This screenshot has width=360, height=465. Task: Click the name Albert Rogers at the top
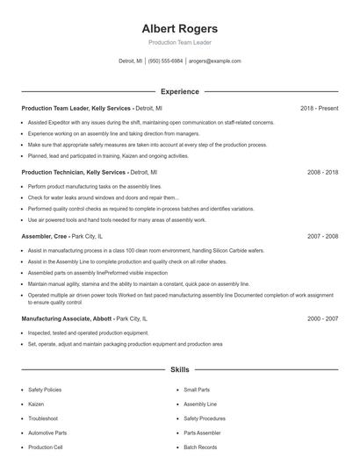click(179, 28)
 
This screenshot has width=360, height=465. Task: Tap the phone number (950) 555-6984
click(165, 61)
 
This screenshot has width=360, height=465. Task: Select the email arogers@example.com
click(214, 61)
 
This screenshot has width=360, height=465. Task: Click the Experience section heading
click(179, 91)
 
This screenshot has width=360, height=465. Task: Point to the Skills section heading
click(179, 370)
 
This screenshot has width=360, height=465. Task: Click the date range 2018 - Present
click(319, 108)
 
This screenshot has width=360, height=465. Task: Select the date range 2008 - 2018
click(322, 172)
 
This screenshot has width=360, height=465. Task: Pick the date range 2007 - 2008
click(322, 236)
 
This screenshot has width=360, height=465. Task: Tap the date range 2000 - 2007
click(322, 318)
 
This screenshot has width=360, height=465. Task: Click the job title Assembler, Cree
click(45, 236)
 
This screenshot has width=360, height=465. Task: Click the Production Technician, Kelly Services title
click(74, 172)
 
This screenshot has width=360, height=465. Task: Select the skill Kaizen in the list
click(36, 404)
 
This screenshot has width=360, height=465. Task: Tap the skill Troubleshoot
click(43, 418)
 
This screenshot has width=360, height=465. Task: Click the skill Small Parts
click(197, 389)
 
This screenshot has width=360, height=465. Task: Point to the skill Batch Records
click(200, 447)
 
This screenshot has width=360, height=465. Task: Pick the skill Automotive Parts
click(47, 433)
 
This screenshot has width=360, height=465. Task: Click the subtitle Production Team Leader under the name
click(179, 42)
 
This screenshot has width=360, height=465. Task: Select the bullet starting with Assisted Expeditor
click(150, 123)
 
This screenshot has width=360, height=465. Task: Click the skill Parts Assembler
click(202, 433)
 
